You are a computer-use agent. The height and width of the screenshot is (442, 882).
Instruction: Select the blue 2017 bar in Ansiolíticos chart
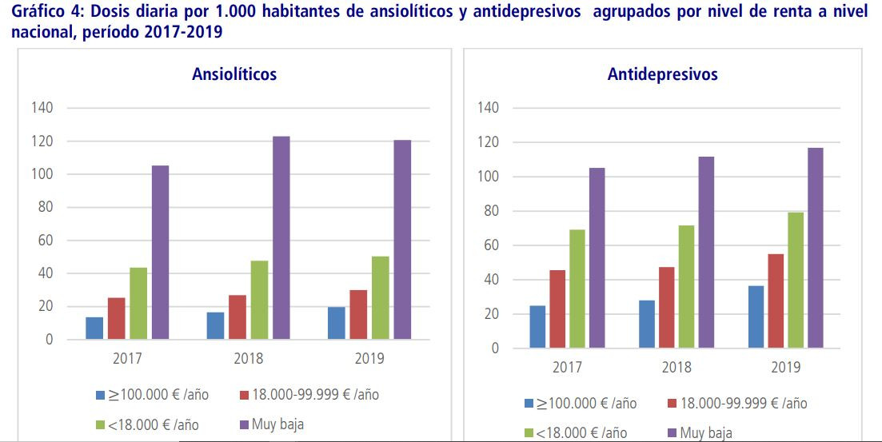pos(94,328)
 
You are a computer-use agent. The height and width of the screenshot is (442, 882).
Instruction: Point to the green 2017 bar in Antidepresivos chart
pos(577,289)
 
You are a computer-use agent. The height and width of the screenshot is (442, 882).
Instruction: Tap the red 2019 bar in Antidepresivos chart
pos(776,301)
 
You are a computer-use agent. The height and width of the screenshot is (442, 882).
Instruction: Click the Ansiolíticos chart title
pos(234,74)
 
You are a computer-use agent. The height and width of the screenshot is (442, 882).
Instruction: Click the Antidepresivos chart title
pos(662,75)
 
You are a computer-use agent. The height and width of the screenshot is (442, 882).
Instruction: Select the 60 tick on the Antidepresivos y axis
pos(488,245)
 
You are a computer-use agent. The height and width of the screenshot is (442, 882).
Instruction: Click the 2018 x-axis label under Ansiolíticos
pos(248,359)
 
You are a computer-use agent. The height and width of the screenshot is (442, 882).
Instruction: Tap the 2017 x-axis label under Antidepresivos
pos(567,368)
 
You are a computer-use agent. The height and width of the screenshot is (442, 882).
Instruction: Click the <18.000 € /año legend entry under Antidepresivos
pos(573,432)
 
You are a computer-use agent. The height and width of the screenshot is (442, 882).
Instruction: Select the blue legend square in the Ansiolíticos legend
pos(100,395)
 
